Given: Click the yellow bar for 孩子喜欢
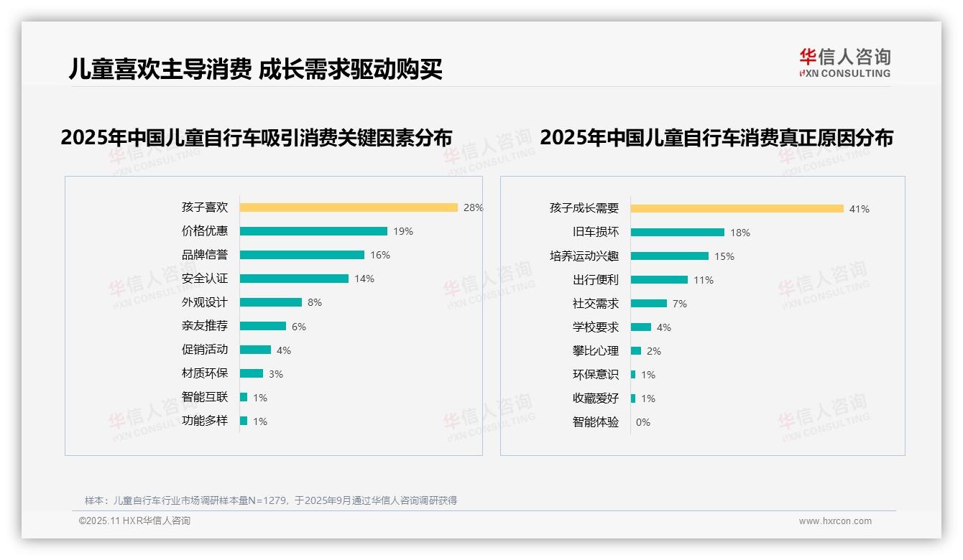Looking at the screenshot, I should click(349, 207).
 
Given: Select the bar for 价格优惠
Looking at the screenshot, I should click(313, 231).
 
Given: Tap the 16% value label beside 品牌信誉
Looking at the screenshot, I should click(380, 255).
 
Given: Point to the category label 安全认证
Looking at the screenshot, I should click(205, 279).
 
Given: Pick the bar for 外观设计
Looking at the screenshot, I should click(271, 302).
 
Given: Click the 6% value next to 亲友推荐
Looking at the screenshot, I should click(299, 327).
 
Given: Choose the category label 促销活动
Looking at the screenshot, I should click(205, 350).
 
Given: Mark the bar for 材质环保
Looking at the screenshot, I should click(252, 373).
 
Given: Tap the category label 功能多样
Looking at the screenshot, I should click(205, 421).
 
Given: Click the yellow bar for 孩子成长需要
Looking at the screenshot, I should click(737, 209).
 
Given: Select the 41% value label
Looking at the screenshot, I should click(860, 209).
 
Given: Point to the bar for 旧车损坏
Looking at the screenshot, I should click(678, 233).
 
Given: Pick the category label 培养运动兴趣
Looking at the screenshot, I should click(584, 256).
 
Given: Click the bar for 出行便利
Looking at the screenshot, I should click(659, 280).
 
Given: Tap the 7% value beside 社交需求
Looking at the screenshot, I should click(680, 304).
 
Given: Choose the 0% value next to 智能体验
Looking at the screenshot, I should click(643, 422).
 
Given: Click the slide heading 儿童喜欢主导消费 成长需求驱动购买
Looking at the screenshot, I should click(255, 69).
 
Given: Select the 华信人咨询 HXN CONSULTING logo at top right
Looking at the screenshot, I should click(844, 62).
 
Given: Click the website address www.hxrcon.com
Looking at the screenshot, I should click(835, 521).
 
